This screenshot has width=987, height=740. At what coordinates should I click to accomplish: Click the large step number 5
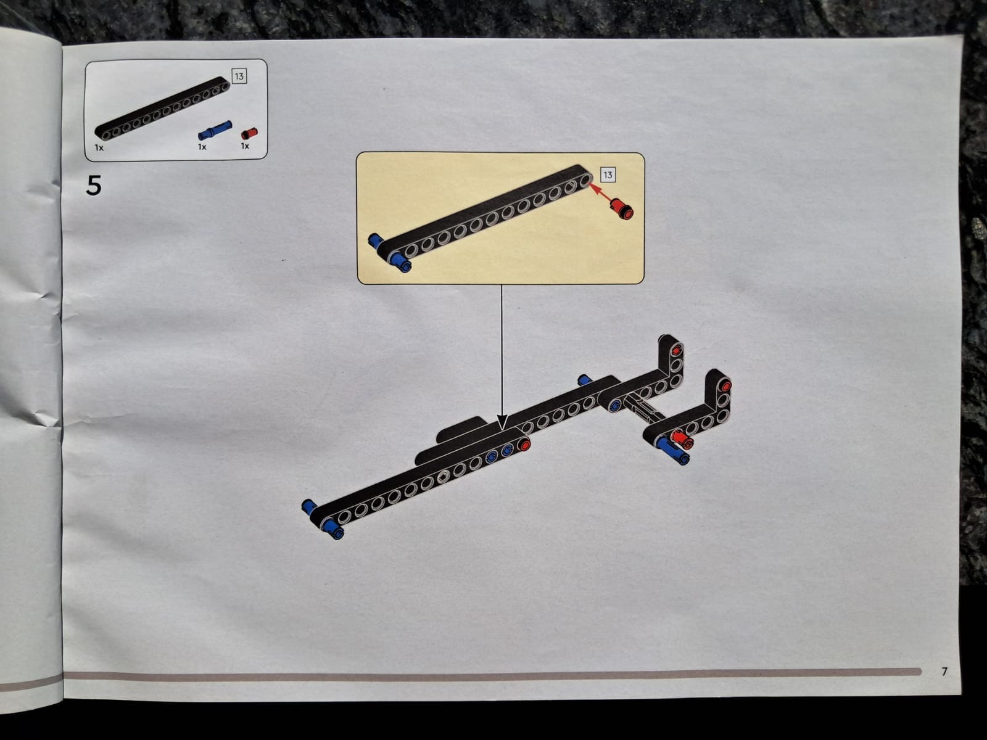94,185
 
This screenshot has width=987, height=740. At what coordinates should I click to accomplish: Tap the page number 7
944,672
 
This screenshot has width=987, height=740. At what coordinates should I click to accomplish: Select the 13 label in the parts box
239,76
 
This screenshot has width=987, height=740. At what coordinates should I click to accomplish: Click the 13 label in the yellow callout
608,175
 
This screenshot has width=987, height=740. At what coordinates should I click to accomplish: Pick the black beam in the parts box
162,109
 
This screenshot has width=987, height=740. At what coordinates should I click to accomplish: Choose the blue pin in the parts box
215,130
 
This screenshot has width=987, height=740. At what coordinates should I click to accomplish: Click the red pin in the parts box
249,133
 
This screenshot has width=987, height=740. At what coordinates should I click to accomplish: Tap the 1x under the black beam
99,147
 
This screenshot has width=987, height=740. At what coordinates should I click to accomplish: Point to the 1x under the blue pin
202,147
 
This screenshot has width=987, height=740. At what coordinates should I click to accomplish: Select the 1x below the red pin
245,146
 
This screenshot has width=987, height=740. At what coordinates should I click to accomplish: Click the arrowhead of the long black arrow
502,422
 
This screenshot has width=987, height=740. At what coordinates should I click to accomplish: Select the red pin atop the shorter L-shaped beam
725,385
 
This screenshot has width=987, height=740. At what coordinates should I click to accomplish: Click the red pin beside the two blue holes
524,445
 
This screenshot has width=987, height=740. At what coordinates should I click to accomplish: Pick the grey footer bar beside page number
493,674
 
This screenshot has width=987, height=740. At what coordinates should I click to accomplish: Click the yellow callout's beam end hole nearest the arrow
585,181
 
